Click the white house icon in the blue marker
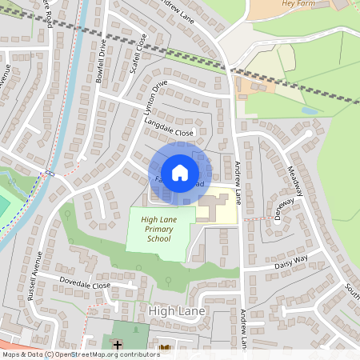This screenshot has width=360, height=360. coord(180,172)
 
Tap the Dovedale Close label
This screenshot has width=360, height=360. coord(85,285)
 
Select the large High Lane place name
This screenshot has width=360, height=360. coord(177,310)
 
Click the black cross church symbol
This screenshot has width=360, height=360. coord(118,345)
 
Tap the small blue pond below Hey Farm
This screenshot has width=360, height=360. coord(310,110)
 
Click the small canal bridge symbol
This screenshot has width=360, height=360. coord(50,172)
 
